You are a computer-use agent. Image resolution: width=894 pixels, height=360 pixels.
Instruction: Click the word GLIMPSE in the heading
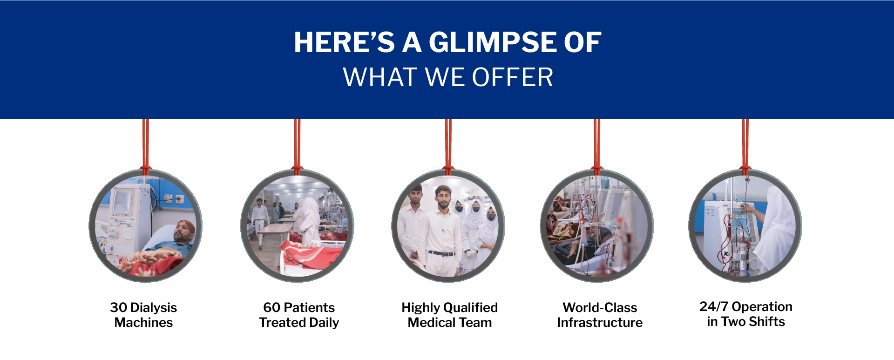(x=493, y=42)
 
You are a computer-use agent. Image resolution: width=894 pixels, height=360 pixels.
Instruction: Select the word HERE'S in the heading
(x=344, y=42)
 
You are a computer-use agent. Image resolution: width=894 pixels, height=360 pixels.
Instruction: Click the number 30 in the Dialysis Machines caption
(x=118, y=307)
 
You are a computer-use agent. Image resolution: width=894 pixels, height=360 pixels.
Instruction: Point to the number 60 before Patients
(x=271, y=307)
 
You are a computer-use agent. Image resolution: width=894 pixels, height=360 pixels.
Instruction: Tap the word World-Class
(x=600, y=307)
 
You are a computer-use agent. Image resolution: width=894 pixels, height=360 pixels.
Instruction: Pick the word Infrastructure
(x=600, y=322)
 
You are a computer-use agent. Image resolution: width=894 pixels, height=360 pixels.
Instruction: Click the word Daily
(x=324, y=322)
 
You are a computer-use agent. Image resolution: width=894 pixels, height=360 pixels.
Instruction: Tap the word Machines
(x=143, y=322)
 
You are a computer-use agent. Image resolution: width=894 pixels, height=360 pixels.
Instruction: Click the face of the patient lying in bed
(x=183, y=232)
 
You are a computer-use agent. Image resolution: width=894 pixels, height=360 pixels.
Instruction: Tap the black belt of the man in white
(x=441, y=253)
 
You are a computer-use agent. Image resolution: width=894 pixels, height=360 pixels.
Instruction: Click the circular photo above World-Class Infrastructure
(x=597, y=226)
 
